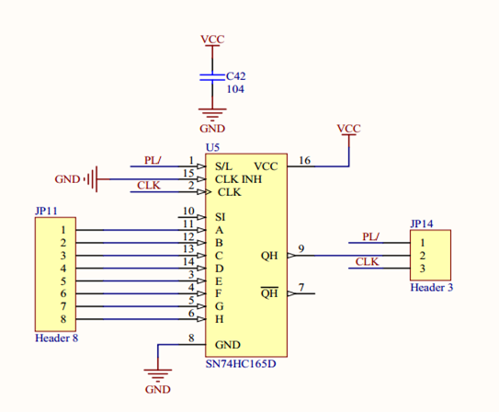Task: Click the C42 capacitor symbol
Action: (212, 77)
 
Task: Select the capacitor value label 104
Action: (235, 89)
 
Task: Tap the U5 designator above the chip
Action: (212, 148)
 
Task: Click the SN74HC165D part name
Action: (241, 364)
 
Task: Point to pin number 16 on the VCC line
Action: (304, 160)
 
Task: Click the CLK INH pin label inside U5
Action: (238, 179)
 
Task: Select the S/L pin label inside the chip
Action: (223, 166)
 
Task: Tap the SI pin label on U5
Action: (220, 217)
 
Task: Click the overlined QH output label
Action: (269, 292)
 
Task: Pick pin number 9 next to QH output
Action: (301, 248)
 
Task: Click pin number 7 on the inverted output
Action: (301, 287)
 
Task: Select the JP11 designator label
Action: (46, 211)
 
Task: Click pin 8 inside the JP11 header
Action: (63, 319)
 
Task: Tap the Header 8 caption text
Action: (57, 338)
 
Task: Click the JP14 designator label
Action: (422, 223)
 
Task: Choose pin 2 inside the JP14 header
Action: (423, 256)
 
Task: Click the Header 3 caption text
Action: (432, 288)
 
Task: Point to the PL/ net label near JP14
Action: (370, 237)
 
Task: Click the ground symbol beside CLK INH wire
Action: (92, 179)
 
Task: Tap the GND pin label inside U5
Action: (228, 345)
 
